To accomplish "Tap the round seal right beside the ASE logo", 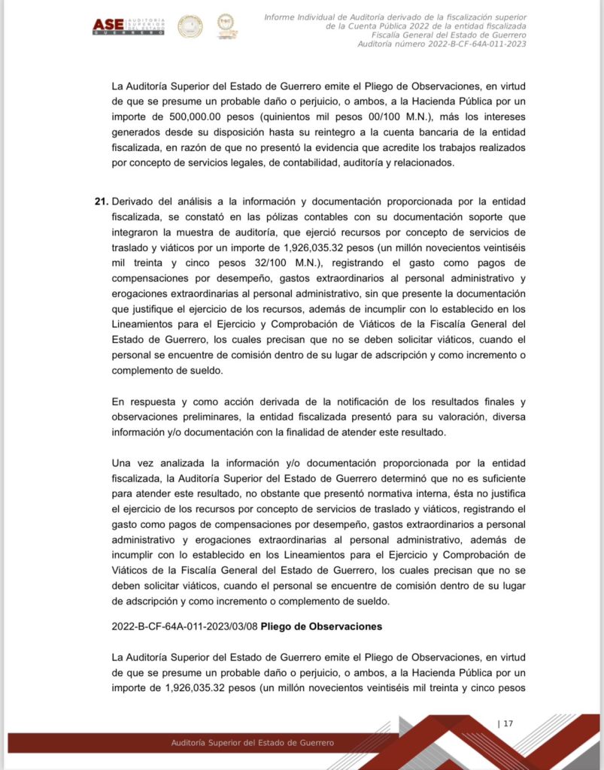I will [x=190, y=26].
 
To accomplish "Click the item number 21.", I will [x=100, y=202].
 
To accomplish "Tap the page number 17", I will [x=507, y=723].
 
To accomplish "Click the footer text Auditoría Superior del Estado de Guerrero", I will [x=253, y=743].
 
